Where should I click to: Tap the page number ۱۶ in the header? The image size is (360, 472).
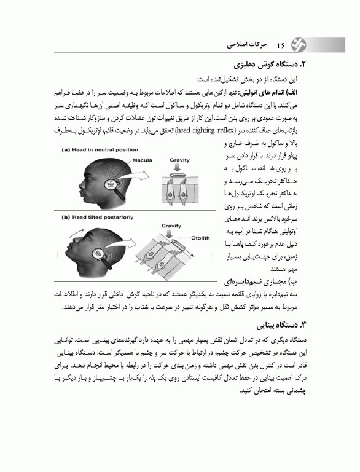pos(281,45)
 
